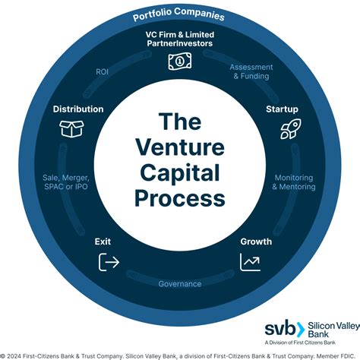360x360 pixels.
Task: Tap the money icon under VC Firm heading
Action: click(180, 63)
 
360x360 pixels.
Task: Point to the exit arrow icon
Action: click(109, 262)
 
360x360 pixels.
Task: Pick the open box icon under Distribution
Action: click(71, 129)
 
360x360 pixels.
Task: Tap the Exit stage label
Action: click(103, 242)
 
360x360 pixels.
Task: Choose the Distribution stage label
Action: click(78, 109)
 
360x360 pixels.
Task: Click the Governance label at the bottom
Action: click(180, 284)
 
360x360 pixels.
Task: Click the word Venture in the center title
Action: click(180, 147)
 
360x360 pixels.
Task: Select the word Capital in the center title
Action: click(180, 173)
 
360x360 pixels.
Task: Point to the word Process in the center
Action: click(180, 199)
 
